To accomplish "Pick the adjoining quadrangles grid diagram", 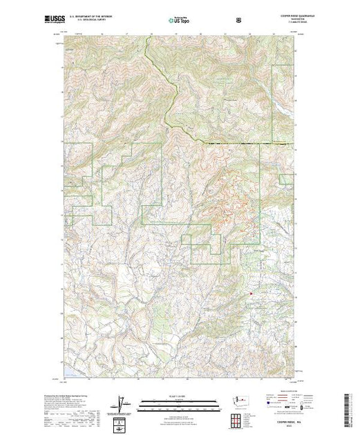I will coord(239,420).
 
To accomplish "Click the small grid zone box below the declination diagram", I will coord(122,422).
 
